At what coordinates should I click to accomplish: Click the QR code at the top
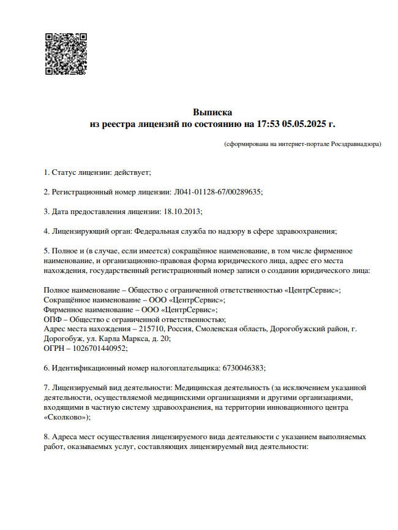(x=66, y=55)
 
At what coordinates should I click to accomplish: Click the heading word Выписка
(x=212, y=113)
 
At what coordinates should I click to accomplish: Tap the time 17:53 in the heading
(x=267, y=124)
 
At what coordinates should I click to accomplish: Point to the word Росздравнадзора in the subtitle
(x=355, y=144)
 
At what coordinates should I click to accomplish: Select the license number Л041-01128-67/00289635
(x=217, y=192)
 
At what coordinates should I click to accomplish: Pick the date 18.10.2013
(x=182, y=212)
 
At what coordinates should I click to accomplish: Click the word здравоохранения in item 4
(x=304, y=231)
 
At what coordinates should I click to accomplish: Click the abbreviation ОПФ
(x=54, y=320)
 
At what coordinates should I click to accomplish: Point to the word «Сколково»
(x=66, y=417)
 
